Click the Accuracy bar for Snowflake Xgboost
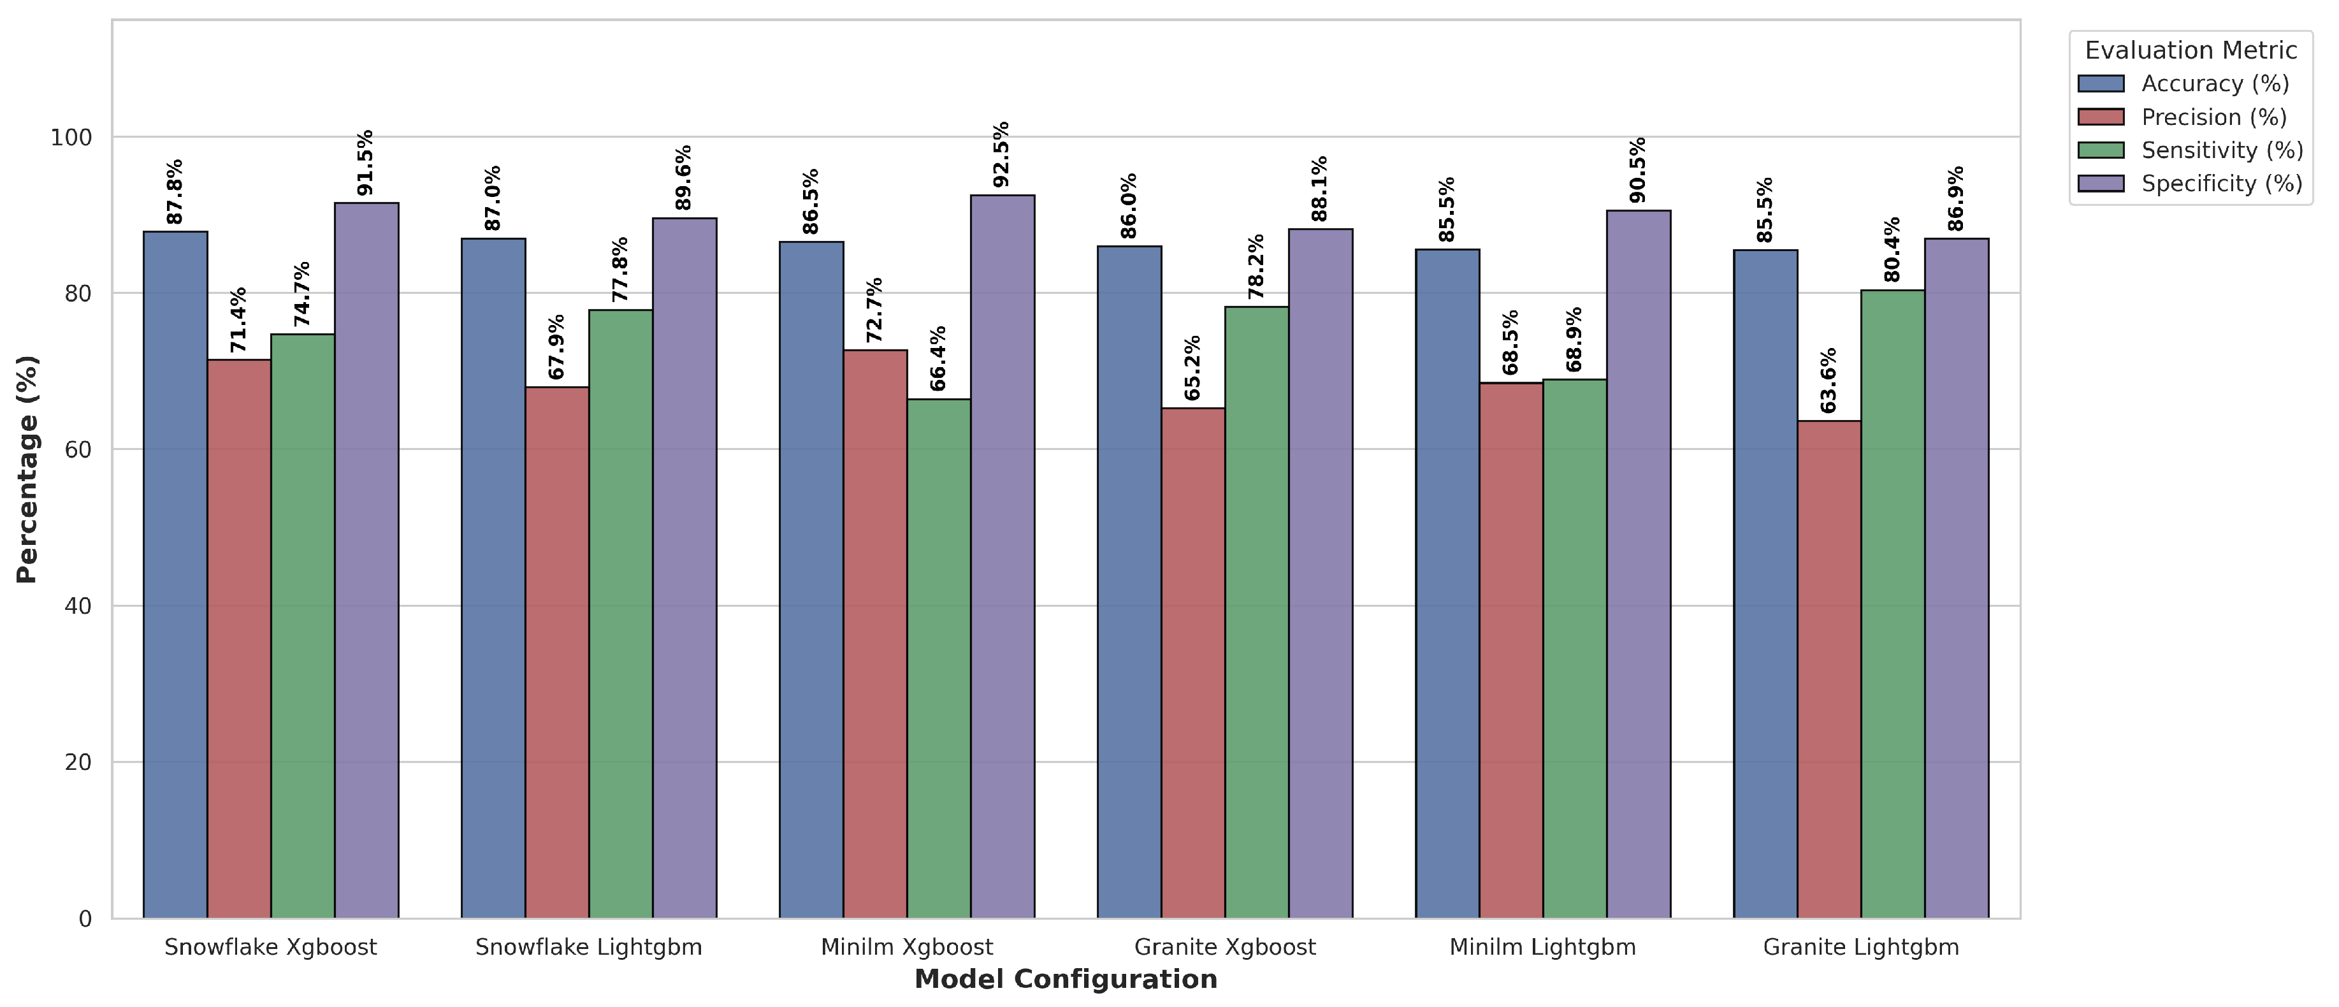(175, 575)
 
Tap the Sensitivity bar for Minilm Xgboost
(939, 659)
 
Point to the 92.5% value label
(1001, 154)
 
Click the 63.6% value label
(1828, 380)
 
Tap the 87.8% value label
(175, 192)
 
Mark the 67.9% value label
(556, 347)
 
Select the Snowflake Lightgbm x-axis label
(588, 948)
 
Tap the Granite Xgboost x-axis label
(1225, 948)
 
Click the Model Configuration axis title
(1066, 980)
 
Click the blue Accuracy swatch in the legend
(2101, 83)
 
